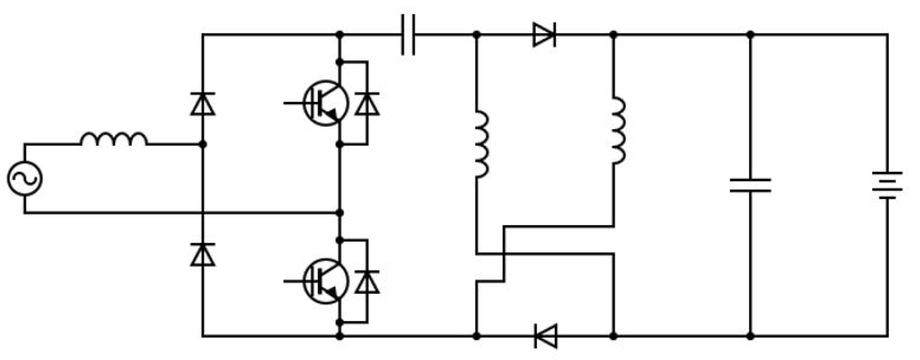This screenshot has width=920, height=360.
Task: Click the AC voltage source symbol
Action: point(25,178)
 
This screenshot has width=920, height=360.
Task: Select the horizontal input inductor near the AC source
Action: point(114,139)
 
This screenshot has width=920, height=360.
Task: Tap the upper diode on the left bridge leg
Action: point(203,104)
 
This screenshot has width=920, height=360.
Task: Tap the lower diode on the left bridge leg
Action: point(203,255)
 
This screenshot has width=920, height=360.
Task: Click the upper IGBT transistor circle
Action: point(326,103)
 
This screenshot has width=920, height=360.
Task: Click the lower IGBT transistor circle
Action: point(326,281)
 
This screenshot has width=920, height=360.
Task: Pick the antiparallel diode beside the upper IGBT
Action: point(367,104)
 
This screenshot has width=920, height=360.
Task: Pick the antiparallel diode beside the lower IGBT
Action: point(367,282)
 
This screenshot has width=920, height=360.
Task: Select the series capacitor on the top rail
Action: point(408,35)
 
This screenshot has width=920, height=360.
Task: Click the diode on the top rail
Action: point(544,35)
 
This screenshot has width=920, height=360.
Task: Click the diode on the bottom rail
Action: point(545,336)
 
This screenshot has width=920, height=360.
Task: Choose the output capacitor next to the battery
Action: point(750,186)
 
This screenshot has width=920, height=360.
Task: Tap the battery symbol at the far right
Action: point(887,185)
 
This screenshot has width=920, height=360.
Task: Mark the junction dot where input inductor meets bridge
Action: point(203,144)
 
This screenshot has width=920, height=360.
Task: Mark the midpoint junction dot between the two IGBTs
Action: point(340,213)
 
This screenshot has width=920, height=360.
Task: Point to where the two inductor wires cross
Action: point(504,254)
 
